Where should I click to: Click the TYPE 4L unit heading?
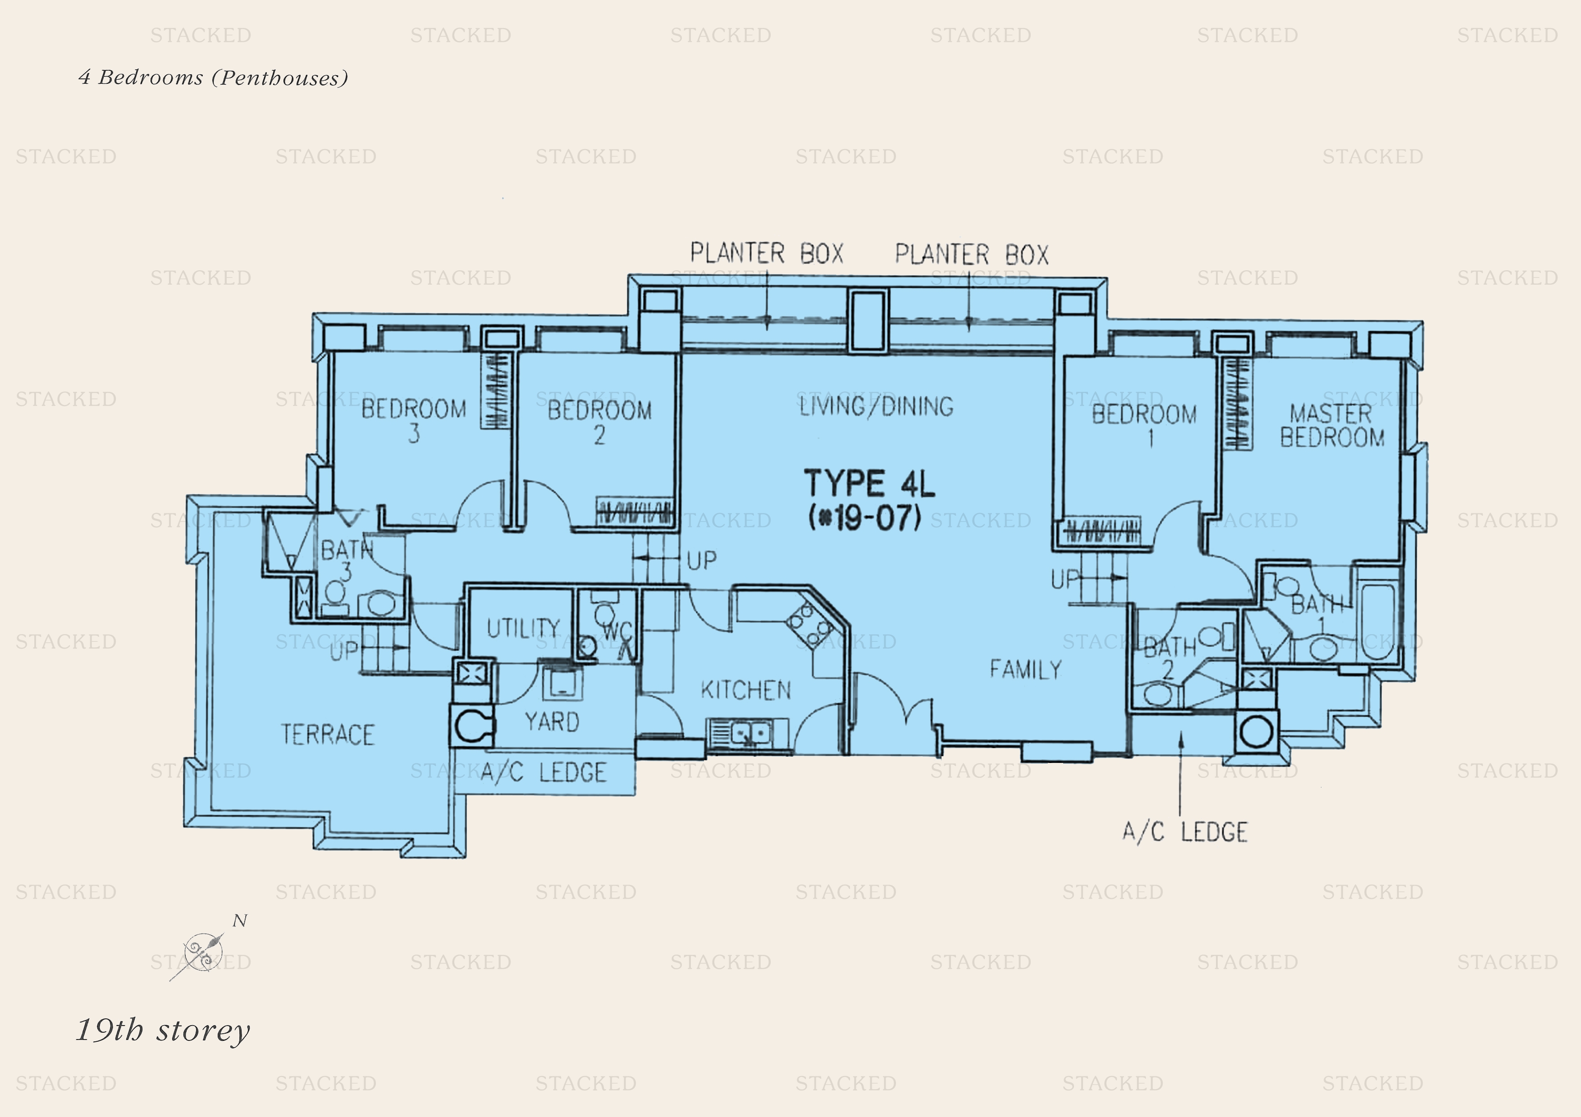tap(869, 483)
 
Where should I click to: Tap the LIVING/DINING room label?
tap(876, 406)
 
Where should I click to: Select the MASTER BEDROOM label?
tap(1332, 425)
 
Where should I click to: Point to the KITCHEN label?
tap(746, 690)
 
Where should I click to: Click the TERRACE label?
tap(328, 734)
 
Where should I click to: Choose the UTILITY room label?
tap(523, 628)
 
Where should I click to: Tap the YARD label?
tap(552, 721)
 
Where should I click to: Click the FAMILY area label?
tap(1025, 669)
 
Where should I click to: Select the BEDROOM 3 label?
tap(414, 420)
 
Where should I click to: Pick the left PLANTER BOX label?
tap(767, 253)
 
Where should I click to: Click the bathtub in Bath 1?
tap(1377, 621)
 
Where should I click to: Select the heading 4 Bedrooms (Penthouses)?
tap(214, 77)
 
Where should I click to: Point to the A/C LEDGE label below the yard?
tap(543, 772)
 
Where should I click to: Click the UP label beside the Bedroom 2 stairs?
tap(702, 560)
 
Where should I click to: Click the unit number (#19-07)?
tap(865, 518)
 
